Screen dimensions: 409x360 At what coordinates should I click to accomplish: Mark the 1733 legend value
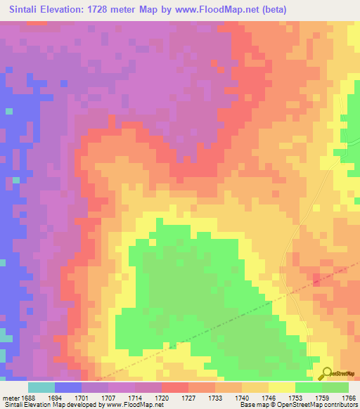226,397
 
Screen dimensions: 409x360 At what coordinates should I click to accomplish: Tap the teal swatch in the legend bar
41,387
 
